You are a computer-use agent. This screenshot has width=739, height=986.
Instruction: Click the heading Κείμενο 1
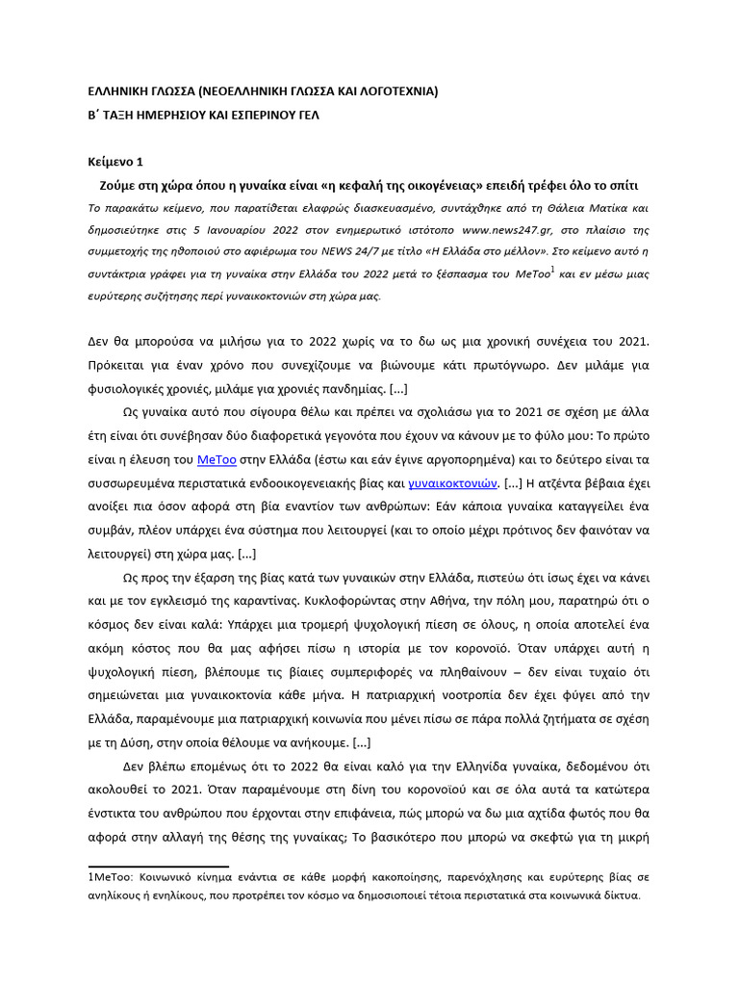pyautogui.click(x=115, y=162)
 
